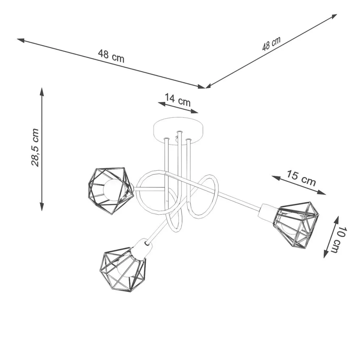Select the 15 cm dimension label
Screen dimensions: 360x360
(x=301, y=178)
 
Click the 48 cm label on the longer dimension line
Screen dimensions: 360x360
(x=111, y=56)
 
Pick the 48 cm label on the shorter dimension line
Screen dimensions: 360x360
(x=271, y=44)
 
